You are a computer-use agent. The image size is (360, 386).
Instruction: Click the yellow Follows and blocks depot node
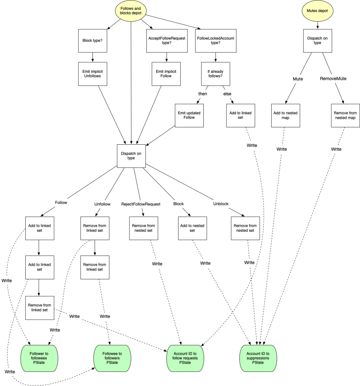click(x=131, y=11)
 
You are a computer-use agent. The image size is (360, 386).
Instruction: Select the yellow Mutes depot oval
click(x=317, y=11)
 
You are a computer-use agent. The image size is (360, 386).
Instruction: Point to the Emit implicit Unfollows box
click(x=92, y=73)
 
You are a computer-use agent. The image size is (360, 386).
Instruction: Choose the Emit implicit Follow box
click(x=166, y=73)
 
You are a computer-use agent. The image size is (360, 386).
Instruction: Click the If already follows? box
click(x=215, y=73)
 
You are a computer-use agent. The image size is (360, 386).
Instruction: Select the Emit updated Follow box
click(x=189, y=115)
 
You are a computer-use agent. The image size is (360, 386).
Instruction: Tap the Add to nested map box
click(x=286, y=115)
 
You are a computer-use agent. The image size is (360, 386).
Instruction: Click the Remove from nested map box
click(x=345, y=115)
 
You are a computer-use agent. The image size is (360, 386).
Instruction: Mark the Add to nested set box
click(x=192, y=228)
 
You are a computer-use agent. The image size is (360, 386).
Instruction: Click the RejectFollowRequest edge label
click(x=141, y=204)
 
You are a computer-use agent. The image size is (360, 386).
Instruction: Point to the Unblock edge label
click(x=221, y=204)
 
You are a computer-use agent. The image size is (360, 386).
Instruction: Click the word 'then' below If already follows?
click(x=203, y=93)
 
